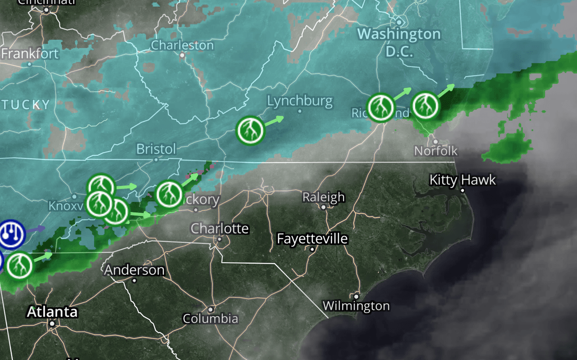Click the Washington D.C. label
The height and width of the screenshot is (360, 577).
[x=399, y=42]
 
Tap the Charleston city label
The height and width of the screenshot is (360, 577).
[x=182, y=45]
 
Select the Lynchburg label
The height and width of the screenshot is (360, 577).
[x=300, y=101]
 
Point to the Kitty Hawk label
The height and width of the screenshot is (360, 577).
[x=463, y=180]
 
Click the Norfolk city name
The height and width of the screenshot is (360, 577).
[x=436, y=150]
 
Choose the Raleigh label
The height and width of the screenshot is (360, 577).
[x=323, y=197]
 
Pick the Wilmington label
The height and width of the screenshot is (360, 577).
[x=356, y=306]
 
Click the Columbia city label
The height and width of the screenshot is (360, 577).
[x=210, y=319]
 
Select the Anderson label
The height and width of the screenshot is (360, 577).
[x=134, y=270]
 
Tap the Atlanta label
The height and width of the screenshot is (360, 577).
[x=52, y=312]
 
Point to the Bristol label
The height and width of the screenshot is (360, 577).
[x=156, y=149]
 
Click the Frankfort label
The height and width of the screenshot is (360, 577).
[x=30, y=54]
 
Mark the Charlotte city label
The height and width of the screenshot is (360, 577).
[x=220, y=228]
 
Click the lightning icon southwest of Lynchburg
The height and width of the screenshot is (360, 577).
[x=251, y=130]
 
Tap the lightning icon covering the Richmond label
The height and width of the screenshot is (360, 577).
[x=381, y=108]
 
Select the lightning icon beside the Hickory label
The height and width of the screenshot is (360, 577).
[x=169, y=194]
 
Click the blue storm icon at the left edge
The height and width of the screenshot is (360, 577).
[x=11, y=234]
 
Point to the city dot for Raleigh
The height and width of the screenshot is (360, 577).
[x=323, y=207]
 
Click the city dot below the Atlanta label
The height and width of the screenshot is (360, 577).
[x=52, y=324]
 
